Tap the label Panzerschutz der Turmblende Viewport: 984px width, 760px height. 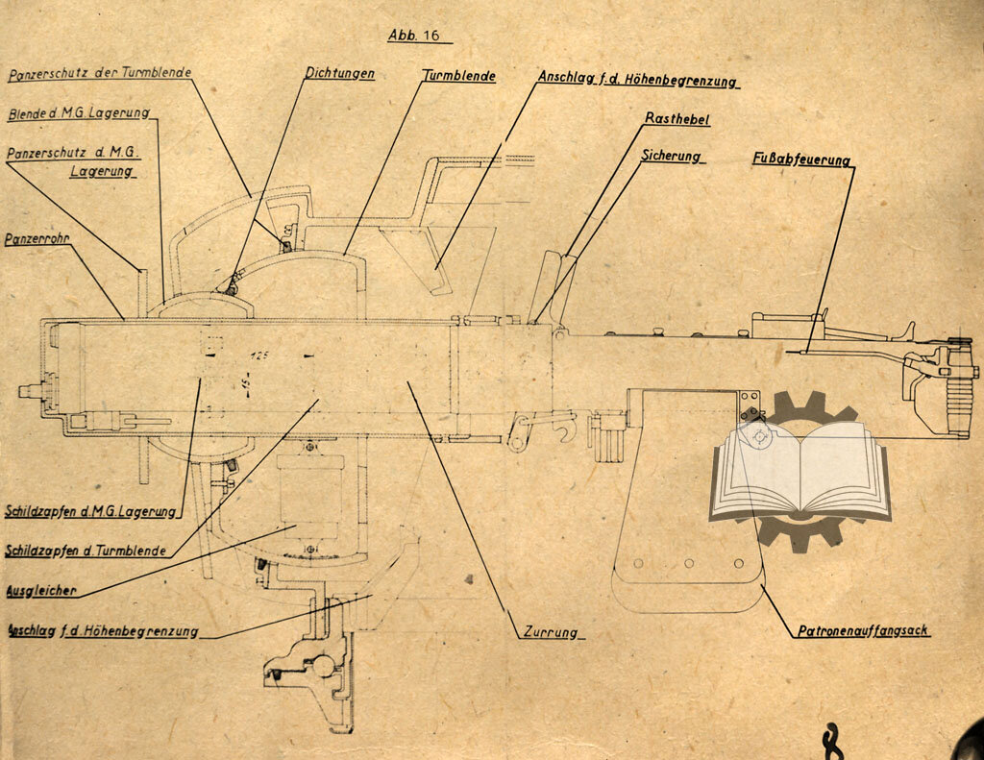(x=99, y=74)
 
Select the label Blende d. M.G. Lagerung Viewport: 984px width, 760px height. (x=78, y=113)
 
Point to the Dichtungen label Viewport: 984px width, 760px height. (x=339, y=73)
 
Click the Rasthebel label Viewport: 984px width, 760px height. (x=677, y=119)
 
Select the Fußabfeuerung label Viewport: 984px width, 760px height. (x=800, y=160)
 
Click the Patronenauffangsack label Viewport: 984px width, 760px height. (x=863, y=631)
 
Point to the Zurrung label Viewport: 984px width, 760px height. (x=551, y=632)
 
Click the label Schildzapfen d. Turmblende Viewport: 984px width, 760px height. (x=85, y=552)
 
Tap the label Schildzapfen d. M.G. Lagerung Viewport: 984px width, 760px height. (x=90, y=511)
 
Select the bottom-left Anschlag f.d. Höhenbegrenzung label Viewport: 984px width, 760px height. (x=102, y=631)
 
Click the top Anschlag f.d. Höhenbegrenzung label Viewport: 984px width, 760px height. (x=637, y=81)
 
